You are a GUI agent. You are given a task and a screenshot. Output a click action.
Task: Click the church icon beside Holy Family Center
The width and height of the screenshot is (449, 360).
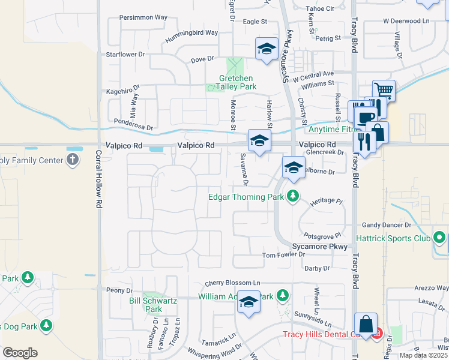click(72, 160)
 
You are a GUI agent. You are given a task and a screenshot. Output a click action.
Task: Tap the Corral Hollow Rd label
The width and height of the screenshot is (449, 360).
click(98, 179)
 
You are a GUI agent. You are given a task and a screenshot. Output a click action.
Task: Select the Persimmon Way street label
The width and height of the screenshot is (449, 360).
click(143, 17)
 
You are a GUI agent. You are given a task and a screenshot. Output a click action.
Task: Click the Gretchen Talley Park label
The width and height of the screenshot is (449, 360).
click(237, 82)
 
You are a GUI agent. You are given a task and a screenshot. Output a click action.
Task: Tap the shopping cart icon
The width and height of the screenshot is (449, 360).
click(384, 91)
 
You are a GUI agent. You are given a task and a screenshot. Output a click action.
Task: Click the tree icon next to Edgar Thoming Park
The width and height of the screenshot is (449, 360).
click(292, 196)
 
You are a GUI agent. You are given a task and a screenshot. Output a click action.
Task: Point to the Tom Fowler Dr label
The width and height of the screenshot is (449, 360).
click(285, 256)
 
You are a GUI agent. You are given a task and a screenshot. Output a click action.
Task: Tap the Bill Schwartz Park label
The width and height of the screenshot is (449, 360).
click(146, 305)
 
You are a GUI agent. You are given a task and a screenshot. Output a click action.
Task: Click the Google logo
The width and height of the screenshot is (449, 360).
click(20, 353)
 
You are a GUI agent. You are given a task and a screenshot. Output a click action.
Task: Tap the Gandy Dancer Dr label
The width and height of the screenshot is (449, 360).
click(386, 225)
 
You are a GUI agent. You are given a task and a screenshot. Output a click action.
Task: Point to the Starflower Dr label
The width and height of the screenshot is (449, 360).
click(126, 54)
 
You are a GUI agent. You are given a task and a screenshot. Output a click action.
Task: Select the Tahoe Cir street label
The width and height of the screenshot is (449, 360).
click(320, 8)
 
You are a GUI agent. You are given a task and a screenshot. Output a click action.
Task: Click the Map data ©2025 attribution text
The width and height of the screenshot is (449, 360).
click(422, 355)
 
